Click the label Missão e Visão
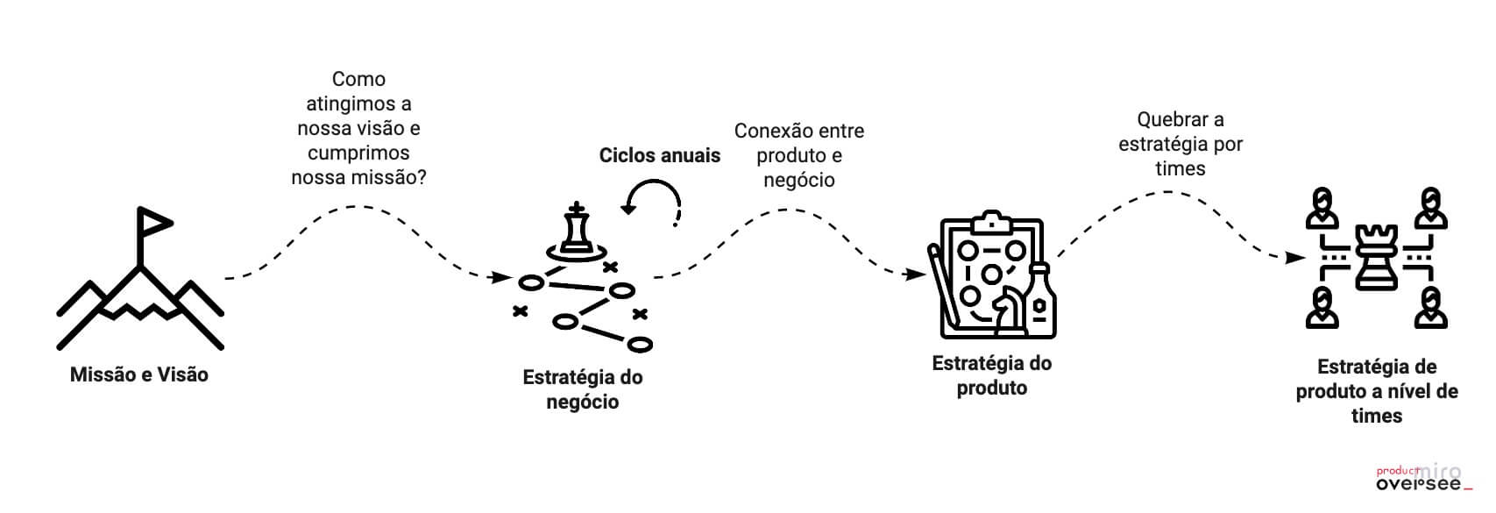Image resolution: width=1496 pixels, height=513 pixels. (139, 374)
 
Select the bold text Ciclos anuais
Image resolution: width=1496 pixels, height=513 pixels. (659, 155)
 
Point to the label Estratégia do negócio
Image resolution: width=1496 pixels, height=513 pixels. (583, 389)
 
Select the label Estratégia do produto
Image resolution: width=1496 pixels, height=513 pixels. (991, 375)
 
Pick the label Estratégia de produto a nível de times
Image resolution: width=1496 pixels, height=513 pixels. (1377, 391)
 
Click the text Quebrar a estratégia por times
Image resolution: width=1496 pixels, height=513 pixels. (1180, 144)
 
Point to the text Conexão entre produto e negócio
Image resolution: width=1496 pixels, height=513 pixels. (799, 155)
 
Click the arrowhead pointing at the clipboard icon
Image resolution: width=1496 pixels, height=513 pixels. (918, 274)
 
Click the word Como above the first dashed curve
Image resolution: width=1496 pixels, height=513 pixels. (358, 79)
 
